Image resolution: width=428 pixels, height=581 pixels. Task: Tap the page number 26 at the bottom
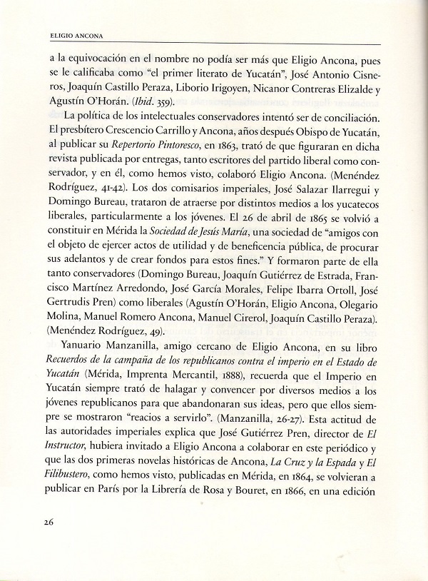click(49, 542)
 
